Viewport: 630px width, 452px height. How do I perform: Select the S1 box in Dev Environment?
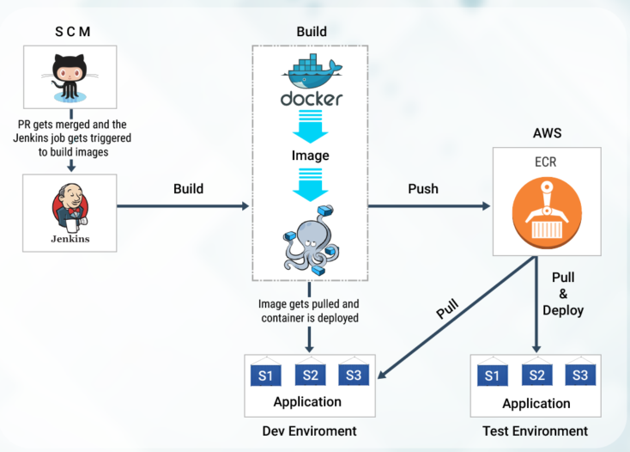pyautogui.click(x=265, y=375)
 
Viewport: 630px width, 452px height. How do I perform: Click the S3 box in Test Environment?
pyautogui.click(x=579, y=375)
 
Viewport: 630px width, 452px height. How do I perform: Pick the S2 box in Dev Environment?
pyautogui.click(x=310, y=375)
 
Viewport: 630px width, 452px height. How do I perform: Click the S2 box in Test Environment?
pyautogui.click(x=536, y=375)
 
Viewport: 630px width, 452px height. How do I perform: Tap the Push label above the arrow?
pyautogui.click(x=423, y=188)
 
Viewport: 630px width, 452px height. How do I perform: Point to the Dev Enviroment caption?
pyautogui.click(x=310, y=430)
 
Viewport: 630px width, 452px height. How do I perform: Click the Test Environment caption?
pyautogui.click(x=536, y=431)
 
